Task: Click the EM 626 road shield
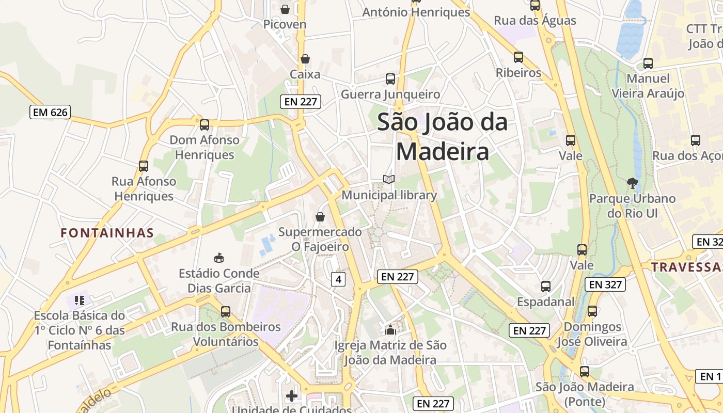(50, 112)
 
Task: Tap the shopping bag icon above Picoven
(285, 9)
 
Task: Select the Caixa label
(305, 74)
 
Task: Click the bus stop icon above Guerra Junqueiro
(390, 79)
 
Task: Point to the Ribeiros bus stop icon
(518, 57)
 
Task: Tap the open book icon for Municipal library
(389, 180)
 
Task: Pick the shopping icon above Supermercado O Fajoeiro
(320, 217)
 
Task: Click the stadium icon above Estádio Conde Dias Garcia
(219, 257)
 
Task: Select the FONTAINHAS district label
(107, 233)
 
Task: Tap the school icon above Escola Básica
(79, 299)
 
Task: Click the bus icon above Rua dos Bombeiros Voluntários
(226, 311)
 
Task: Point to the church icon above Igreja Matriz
(390, 329)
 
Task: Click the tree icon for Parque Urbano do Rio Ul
(632, 183)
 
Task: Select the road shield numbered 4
(338, 279)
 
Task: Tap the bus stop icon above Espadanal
(546, 286)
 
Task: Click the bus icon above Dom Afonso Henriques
(205, 124)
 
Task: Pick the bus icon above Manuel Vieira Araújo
(648, 63)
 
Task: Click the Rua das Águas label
(535, 21)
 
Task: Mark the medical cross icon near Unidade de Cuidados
(292, 396)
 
